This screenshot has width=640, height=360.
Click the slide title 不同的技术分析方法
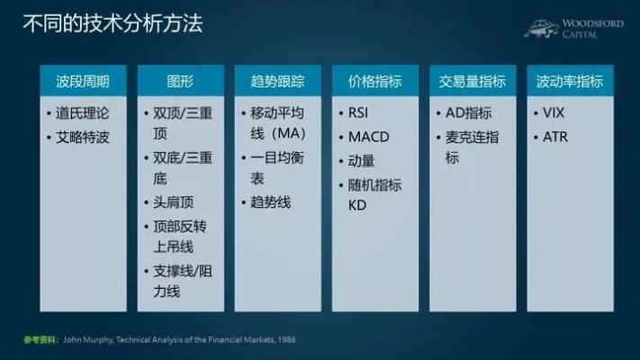point(113,23)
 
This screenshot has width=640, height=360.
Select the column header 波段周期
point(83,81)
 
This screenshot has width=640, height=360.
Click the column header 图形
point(180,81)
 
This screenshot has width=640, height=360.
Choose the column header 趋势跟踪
point(277,81)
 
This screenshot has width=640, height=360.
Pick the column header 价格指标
point(374,81)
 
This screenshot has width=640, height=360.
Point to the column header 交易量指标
point(473,81)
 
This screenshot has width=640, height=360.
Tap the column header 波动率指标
point(570,81)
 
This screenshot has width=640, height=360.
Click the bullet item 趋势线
point(270,202)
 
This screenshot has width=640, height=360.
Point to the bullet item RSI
point(360,113)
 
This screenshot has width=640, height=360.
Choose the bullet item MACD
point(367,138)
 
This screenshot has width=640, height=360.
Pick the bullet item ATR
point(554,138)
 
